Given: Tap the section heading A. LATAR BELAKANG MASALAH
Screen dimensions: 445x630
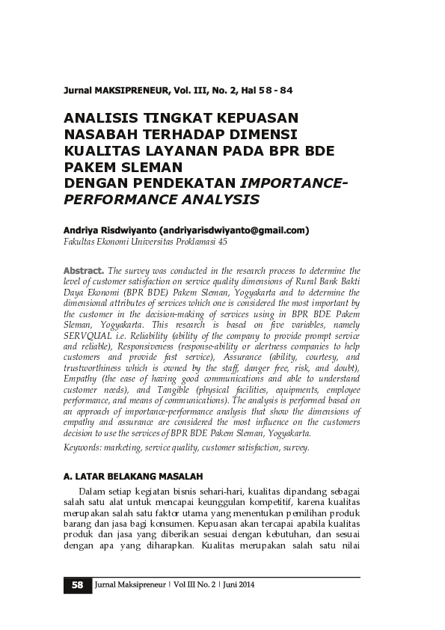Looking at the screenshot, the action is coord(133,477).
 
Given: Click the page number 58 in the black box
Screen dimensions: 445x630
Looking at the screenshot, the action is coord(77,585).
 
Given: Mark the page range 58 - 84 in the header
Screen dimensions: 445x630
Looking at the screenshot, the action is coord(272,91).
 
